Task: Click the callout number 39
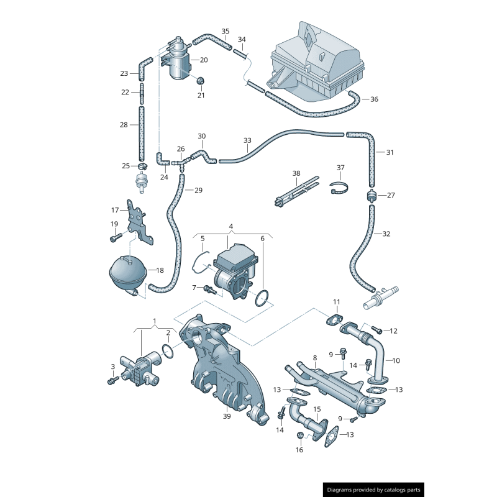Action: pyautogui.click(x=227, y=416)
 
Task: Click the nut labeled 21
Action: pyautogui.click(x=200, y=81)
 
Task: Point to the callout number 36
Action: pyautogui.click(x=374, y=99)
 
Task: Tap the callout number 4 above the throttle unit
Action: pyautogui.click(x=230, y=226)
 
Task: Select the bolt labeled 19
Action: pyautogui.click(x=114, y=237)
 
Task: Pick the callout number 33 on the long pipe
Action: pyautogui.click(x=247, y=140)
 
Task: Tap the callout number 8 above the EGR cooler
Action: pyautogui.click(x=315, y=358)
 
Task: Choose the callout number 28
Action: pyautogui.click(x=124, y=125)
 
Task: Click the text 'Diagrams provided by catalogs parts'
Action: pyautogui.click(x=374, y=490)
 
